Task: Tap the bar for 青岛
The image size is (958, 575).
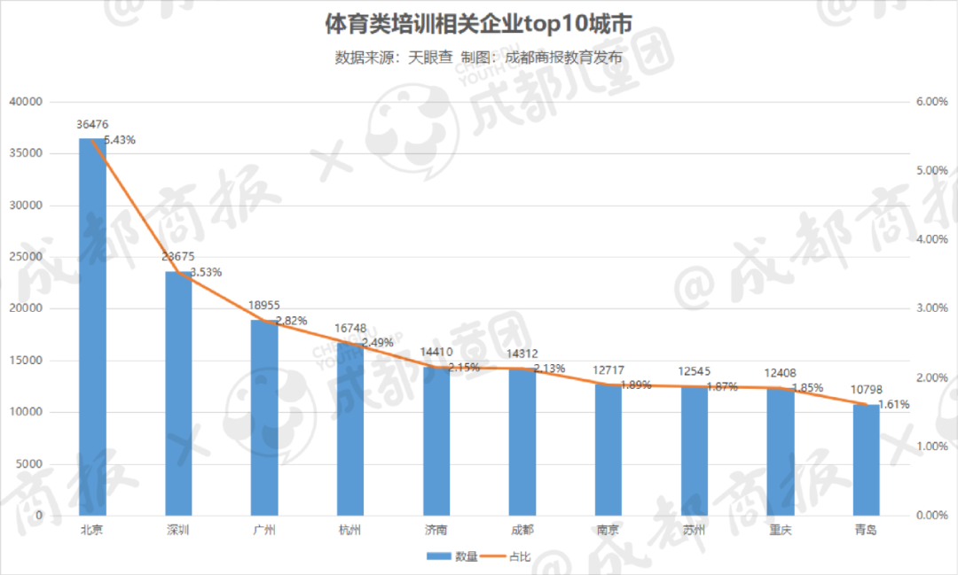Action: [866, 460]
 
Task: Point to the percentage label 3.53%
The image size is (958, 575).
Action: [205, 272]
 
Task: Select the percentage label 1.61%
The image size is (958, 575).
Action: [894, 404]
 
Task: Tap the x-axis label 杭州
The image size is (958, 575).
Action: [350, 530]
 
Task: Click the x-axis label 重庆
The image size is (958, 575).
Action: [780, 530]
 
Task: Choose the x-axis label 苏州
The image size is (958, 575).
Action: [695, 530]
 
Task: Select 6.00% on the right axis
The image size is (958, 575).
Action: [931, 102]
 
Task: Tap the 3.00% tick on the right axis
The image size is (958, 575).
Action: [931, 308]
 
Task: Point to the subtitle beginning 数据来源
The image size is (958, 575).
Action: [478, 58]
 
